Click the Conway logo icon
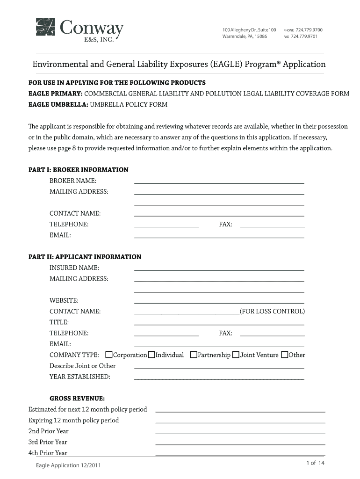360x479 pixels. [x=46, y=27]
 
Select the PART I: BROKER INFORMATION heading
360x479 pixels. [x=79, y=170]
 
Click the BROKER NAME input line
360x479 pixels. [x=219, y=181]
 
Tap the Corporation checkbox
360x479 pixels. [x=109, y=355]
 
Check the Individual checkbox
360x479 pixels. [x=151, y=355]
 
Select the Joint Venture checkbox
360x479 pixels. [x=236, y=355]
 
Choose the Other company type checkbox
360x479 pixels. [x=285, y=355]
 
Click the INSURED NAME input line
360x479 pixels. [x=219, y=269]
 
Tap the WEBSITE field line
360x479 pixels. [x=219, y=302]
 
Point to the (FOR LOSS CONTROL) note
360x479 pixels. [x=272, y=312]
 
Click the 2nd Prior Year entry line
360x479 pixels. [x=240, y=432]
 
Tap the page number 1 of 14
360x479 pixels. [x=315, y=463]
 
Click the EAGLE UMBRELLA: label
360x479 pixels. [x=56, y=105]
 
